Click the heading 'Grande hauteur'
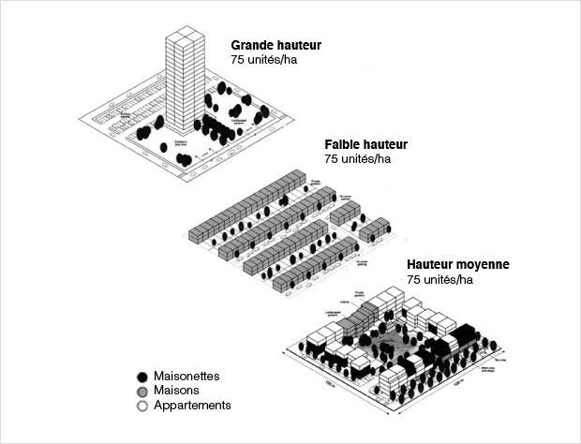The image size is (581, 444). pos(276,44)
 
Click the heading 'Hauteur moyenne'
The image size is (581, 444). pos(457,265)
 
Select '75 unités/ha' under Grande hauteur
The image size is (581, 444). pos(264,59)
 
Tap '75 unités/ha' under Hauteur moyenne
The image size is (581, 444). pos(439,280)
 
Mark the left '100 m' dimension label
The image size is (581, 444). pos(330,383)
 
